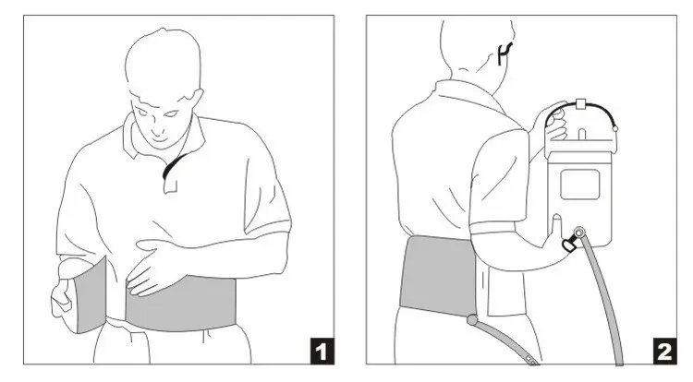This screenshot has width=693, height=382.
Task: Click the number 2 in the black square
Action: pyautogui.click(x=664, y=352)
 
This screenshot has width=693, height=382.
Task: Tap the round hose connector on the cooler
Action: pyautogui.click(x=579, y=233)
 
